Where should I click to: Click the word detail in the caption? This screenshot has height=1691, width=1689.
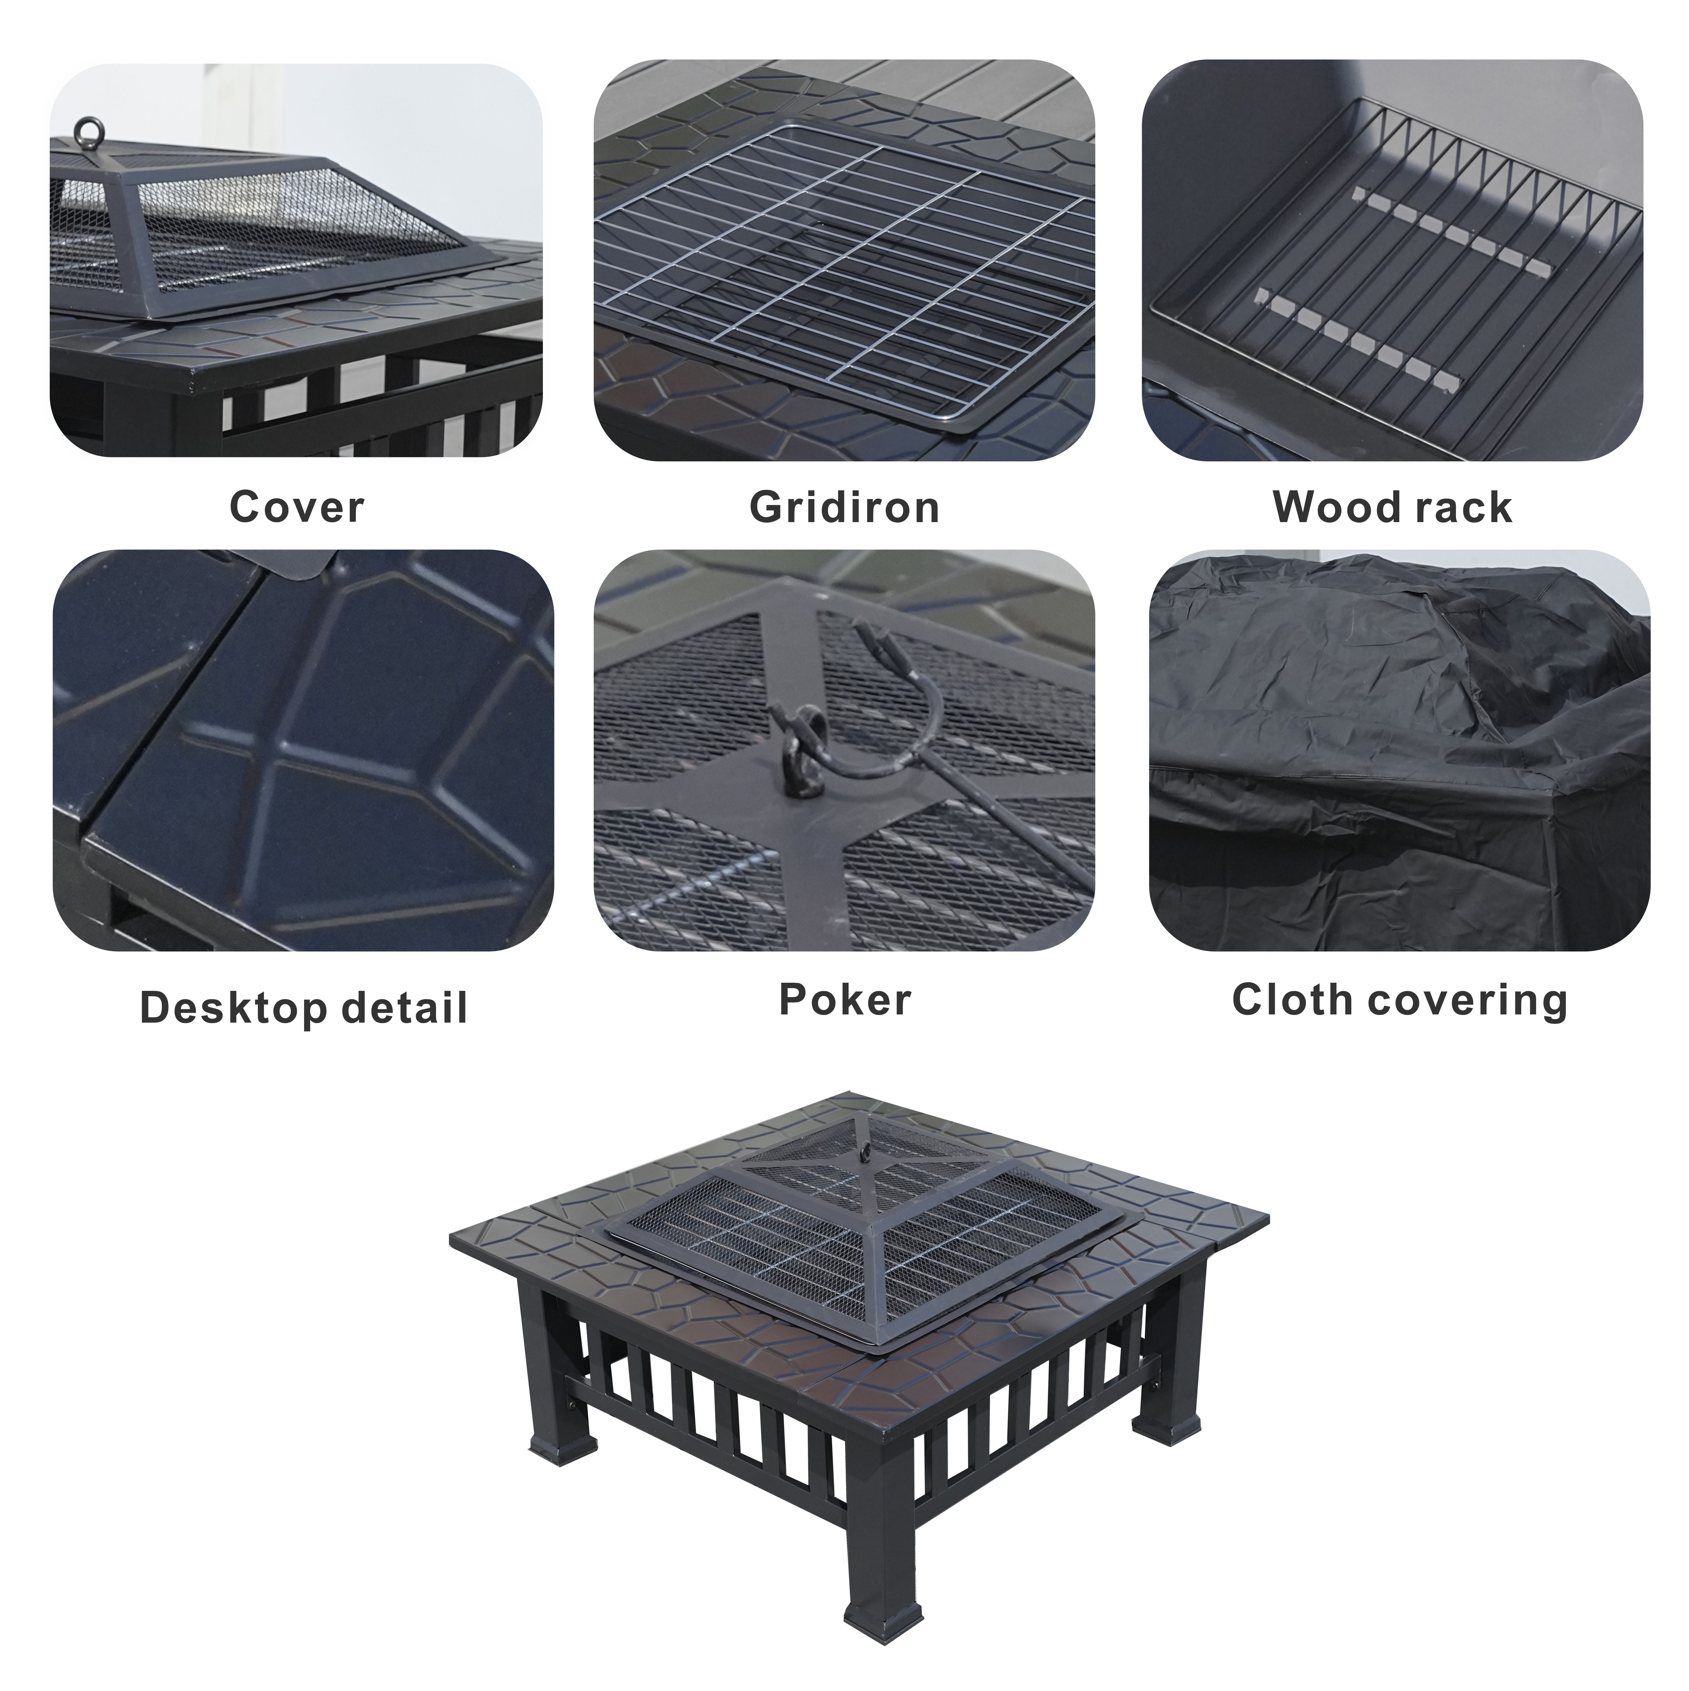(x=404, y=1007)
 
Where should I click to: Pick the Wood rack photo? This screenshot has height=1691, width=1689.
(x=1391, y=260)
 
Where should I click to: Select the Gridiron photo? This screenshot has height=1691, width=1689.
(x=844, y=260)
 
